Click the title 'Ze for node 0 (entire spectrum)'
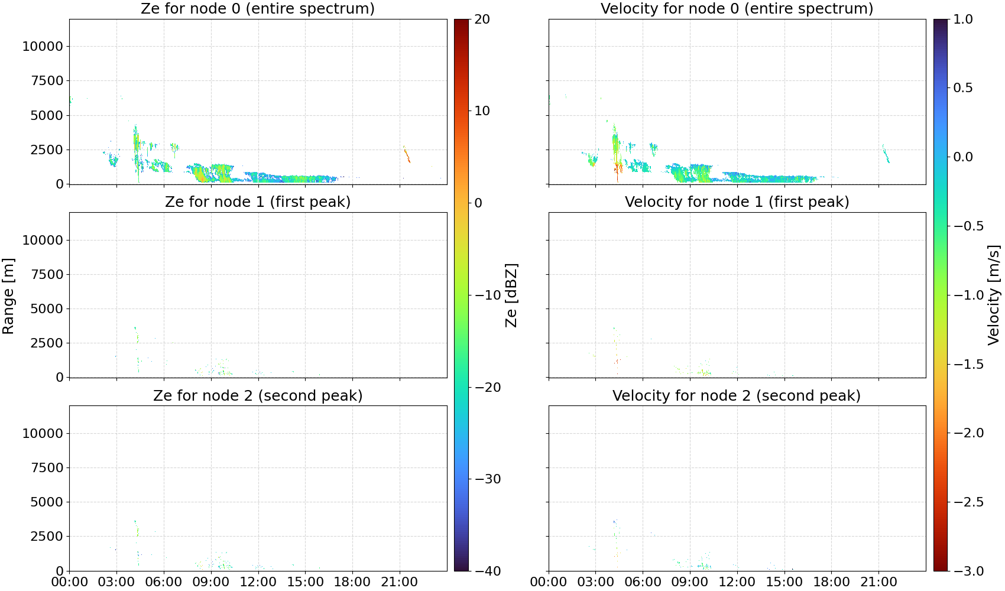258,9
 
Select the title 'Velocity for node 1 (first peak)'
737,202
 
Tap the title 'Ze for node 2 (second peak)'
258,396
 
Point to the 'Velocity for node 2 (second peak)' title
737,396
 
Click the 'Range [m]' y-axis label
8,296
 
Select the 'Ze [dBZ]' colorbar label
511,295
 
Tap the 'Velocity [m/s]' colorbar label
994,295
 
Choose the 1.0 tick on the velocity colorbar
963,20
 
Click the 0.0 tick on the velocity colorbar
963,157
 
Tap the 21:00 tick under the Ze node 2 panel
399,583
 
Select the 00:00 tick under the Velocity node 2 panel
548,583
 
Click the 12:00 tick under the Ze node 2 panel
258,583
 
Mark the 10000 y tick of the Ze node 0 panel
43,46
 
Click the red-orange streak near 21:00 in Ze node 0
407,154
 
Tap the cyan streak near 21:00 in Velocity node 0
886,153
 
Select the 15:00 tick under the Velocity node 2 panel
784,583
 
